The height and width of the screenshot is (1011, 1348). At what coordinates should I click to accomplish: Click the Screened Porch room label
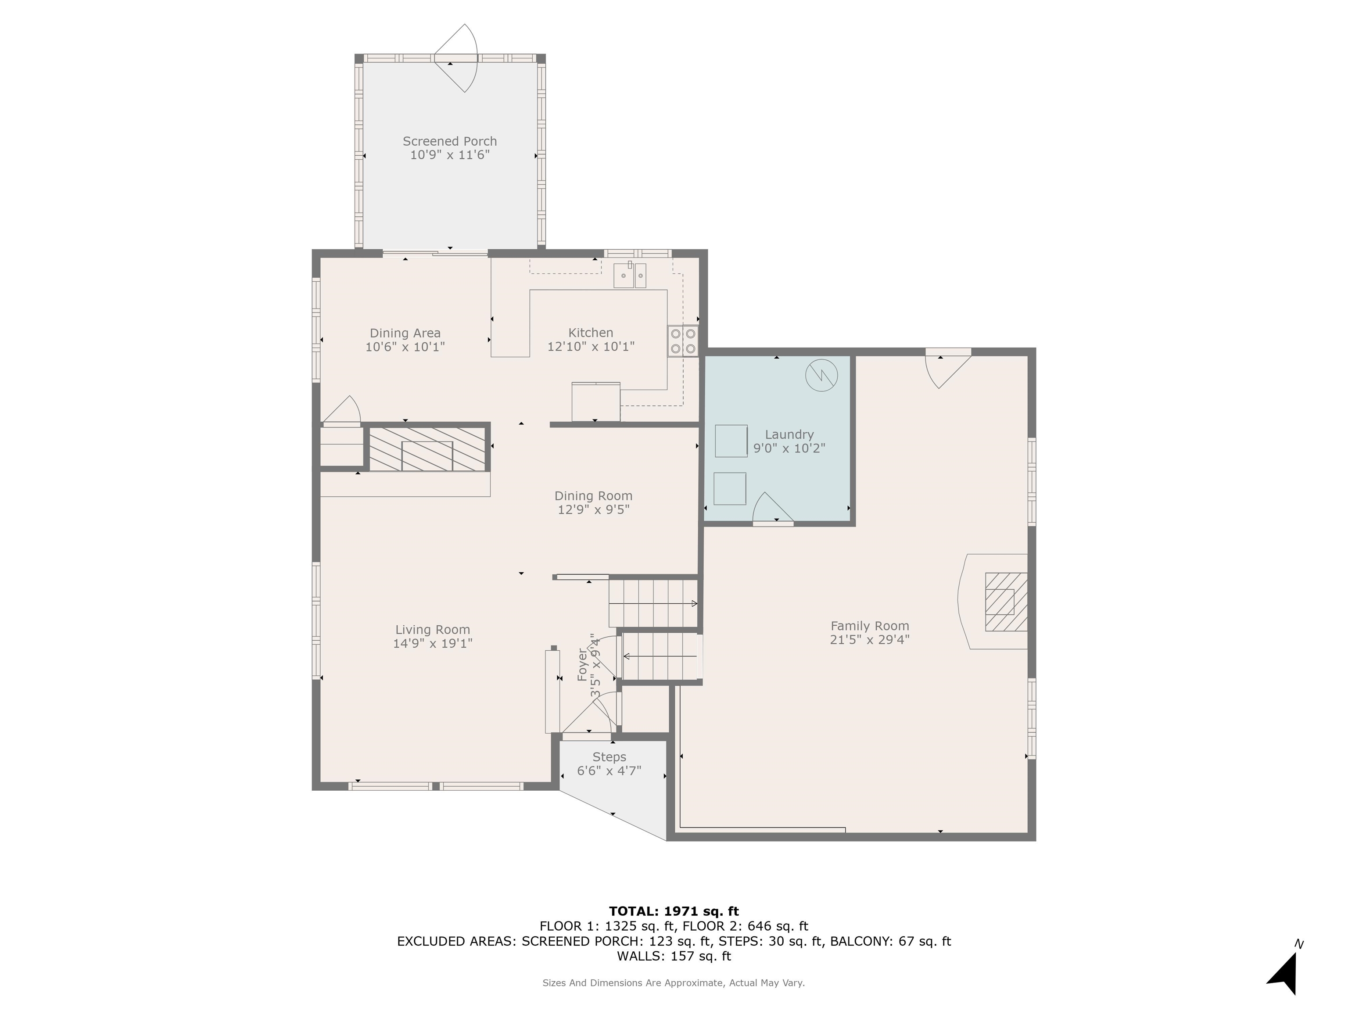pyautogui.click(x=450, y=141)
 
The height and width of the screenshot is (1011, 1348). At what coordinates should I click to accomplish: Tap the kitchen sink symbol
pyautogui.click(x=630, y=275)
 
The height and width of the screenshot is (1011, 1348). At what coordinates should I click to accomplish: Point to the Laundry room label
pyautogui.click(x=789, y=434)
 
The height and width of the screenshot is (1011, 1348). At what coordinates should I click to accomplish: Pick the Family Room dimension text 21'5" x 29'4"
pyautogui.click(x=870, y=640)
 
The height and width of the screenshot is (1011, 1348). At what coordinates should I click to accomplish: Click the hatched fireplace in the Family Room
pyautogui.click(x=1006, y=602)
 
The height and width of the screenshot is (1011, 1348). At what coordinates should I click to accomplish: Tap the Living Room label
pyautogui.click(x=433, y=630)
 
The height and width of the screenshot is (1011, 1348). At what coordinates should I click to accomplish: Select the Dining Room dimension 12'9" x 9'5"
pyautogui.click(x=594, y=509)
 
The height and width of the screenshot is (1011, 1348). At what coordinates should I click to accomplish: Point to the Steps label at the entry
pyautogui.click(x=609, y=757)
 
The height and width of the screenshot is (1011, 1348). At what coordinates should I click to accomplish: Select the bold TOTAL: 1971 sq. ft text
pyautogui.click(x=674, y=911)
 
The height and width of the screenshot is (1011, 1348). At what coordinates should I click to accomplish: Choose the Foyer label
pyautogui.click(x=583, y=664)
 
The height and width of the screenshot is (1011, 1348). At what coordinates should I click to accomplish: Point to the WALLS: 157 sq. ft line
pyautogui.click(x=674, y=956)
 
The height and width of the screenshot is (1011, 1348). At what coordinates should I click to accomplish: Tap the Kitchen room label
pyautogui.click(x=591, y=333)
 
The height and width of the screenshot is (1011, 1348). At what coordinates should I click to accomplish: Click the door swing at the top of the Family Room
pyautogui.click(x=948, y=368)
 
